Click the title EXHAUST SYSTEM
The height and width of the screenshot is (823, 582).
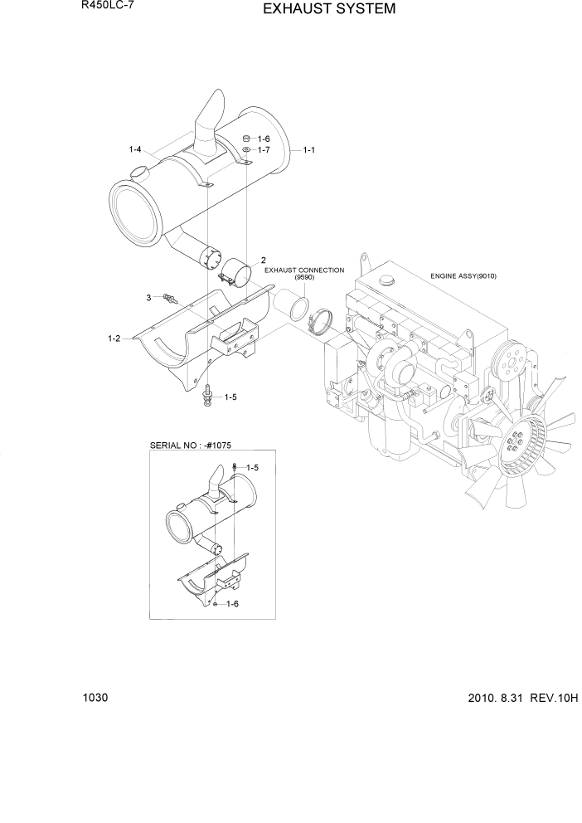coord(318,9)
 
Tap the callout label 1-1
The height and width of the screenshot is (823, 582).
coord(310,150)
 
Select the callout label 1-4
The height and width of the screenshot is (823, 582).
coord(136,149)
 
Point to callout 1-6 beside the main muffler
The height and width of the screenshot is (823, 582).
coord(264,139)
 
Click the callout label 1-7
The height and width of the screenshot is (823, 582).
coord(264,150)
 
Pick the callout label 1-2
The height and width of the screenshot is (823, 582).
coord(114,338)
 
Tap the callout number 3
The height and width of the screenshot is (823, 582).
coord(148,297)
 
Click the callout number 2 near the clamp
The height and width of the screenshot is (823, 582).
coord(263,260)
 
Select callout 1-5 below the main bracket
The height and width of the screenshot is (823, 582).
coord(230,397)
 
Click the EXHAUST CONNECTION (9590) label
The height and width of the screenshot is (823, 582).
coord(304,275)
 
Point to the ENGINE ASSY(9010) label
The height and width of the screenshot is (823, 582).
coord(468,275)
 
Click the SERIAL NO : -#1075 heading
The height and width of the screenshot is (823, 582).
coord(192,446)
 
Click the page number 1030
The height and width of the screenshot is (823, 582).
coord(95,698)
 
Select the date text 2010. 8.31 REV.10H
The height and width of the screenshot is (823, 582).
coord(517,698)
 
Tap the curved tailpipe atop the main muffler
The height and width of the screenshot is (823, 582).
coord(207,123)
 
